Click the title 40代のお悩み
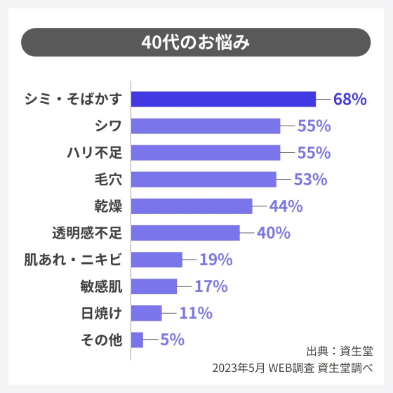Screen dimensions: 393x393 (x=196, y=42)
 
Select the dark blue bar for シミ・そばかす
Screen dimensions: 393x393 (x=223, y=99)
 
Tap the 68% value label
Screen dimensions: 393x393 (x=349, y=99)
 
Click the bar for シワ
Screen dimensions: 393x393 (x=206, y=126)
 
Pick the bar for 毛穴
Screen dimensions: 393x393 (x=204, y=179)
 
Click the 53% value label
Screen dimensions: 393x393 (x=311, y=179)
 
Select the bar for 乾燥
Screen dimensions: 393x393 (x=192, y=206)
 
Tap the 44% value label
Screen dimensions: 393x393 (x=286, y=206)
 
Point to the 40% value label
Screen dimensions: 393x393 (x=274, y=233)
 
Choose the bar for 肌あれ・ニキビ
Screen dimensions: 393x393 (x=156, y=260)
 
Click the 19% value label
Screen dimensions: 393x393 (x=215, y=260)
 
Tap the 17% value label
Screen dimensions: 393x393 (x=211, y=286)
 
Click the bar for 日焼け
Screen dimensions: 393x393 (x=147, y=313)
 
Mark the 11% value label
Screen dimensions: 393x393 (x=196, y=313)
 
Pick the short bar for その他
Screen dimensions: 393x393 (x=137, y=340)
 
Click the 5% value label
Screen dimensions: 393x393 (x=172, y=340)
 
